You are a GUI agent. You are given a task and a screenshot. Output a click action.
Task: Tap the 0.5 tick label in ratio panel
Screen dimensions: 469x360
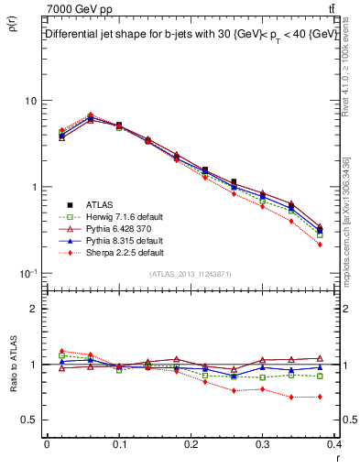pos(30,420)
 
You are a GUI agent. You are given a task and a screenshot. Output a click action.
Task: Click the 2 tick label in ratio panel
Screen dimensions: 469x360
pos(35,310)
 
